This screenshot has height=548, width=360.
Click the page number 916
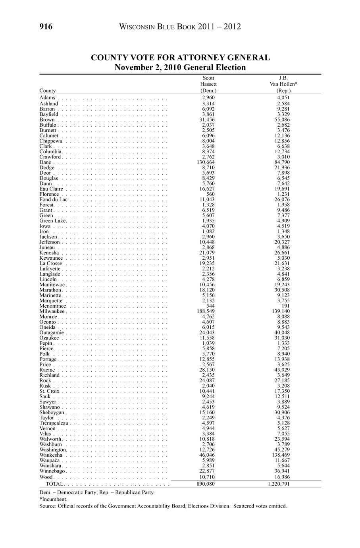coord(46,27)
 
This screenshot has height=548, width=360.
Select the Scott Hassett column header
coord(208,84)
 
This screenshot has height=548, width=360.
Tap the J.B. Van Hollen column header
coord(283,84)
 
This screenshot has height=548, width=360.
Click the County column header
coord(48,91)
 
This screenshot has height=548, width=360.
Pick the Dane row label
coord(45,162)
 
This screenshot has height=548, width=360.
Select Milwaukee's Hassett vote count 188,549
coord(208,311)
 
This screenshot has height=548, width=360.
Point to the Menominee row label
coord(53,306)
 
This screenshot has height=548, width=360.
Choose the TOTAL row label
coord(54,484)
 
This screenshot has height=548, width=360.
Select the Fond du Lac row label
coord(54,199)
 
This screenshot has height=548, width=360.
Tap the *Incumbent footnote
coord(54,499)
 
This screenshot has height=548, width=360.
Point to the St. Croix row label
coord(50,391)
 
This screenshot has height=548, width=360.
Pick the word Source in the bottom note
coord(47,506)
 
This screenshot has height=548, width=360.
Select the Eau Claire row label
coord(51,189)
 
